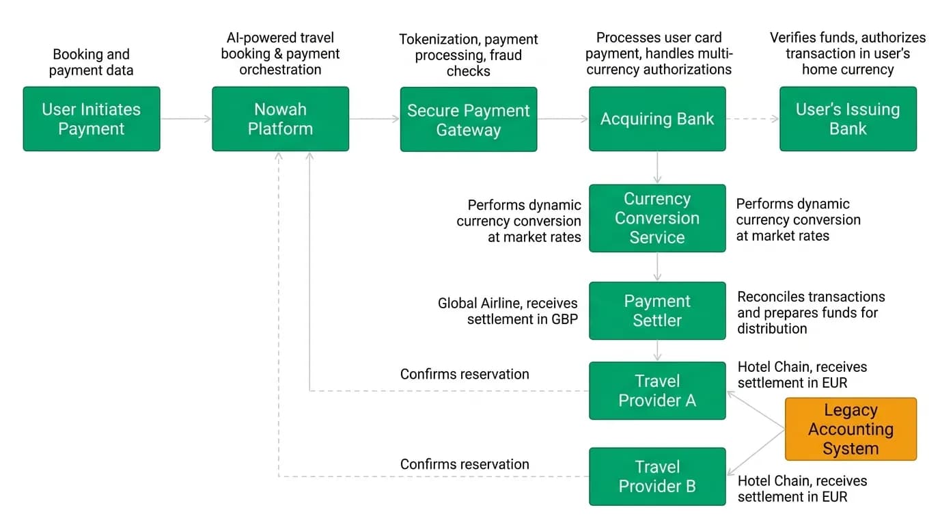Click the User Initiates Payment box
92,119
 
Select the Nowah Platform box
280,119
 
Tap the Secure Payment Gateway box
469,119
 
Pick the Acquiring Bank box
657,119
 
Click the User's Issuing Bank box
848,119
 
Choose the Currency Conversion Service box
657,218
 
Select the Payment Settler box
657,311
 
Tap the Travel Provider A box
657,390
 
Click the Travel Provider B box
657,476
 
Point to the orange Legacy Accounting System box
851,429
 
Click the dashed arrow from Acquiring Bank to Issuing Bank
753,119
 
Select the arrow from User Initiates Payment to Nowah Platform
186,119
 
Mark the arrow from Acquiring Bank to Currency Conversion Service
657,167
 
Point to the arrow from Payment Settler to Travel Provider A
657,351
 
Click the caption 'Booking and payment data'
91,62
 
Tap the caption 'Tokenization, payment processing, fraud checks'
469,55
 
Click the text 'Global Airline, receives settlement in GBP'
508,311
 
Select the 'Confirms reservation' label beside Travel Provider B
465,464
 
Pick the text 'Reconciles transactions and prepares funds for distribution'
811,312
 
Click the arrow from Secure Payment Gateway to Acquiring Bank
563,119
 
